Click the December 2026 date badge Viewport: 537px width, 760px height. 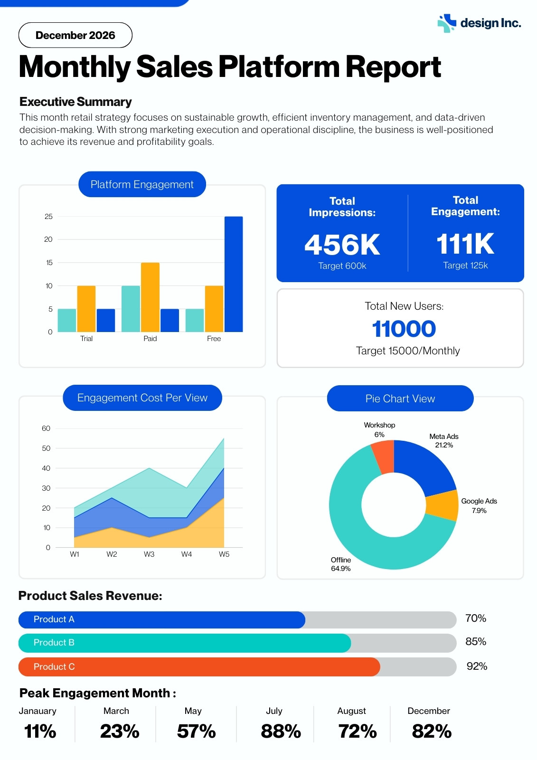click(x=75, y=35)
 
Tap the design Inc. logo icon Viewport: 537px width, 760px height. click(x=447, y=23)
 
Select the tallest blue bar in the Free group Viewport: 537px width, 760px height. click(x=234, y=274)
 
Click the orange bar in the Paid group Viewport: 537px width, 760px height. click(x=150, y=297)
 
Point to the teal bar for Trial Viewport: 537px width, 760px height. click(x=67, y=320)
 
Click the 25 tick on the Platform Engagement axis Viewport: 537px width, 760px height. click(x=48, y=217)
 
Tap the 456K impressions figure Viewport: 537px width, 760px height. click(x=342, y=244)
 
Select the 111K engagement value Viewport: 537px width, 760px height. click(x=465, y=244)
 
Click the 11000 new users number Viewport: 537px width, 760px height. click(x=404, y=329)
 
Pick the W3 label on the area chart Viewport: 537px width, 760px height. click(x=149, y=554)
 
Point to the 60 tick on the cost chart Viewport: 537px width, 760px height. click(x=46, y=428)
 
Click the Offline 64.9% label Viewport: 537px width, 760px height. click(x=341, y=564)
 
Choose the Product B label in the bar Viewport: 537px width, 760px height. click(x=54, y=642)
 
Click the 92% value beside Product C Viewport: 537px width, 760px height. click(x=477, y=666)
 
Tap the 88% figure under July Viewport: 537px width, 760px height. click(x=281, y=731)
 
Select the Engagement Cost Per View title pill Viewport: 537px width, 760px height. click(x=142, y=398)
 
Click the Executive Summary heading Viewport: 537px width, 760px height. click(x=75, y=102)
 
